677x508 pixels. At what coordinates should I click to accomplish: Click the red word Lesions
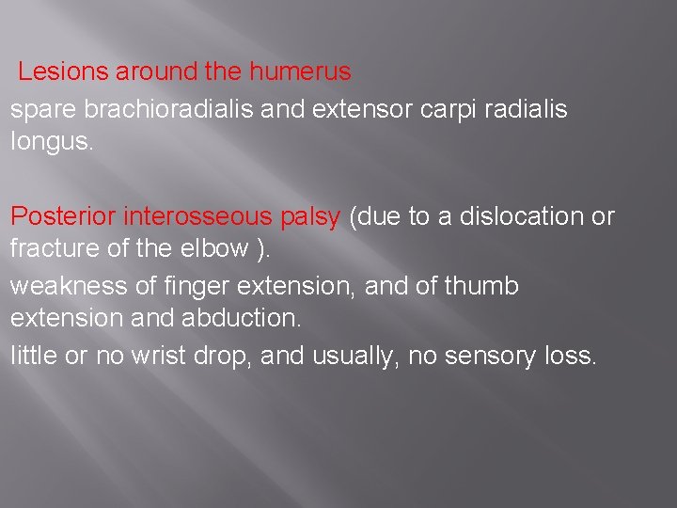55,71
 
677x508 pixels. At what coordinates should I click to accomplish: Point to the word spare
43,110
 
